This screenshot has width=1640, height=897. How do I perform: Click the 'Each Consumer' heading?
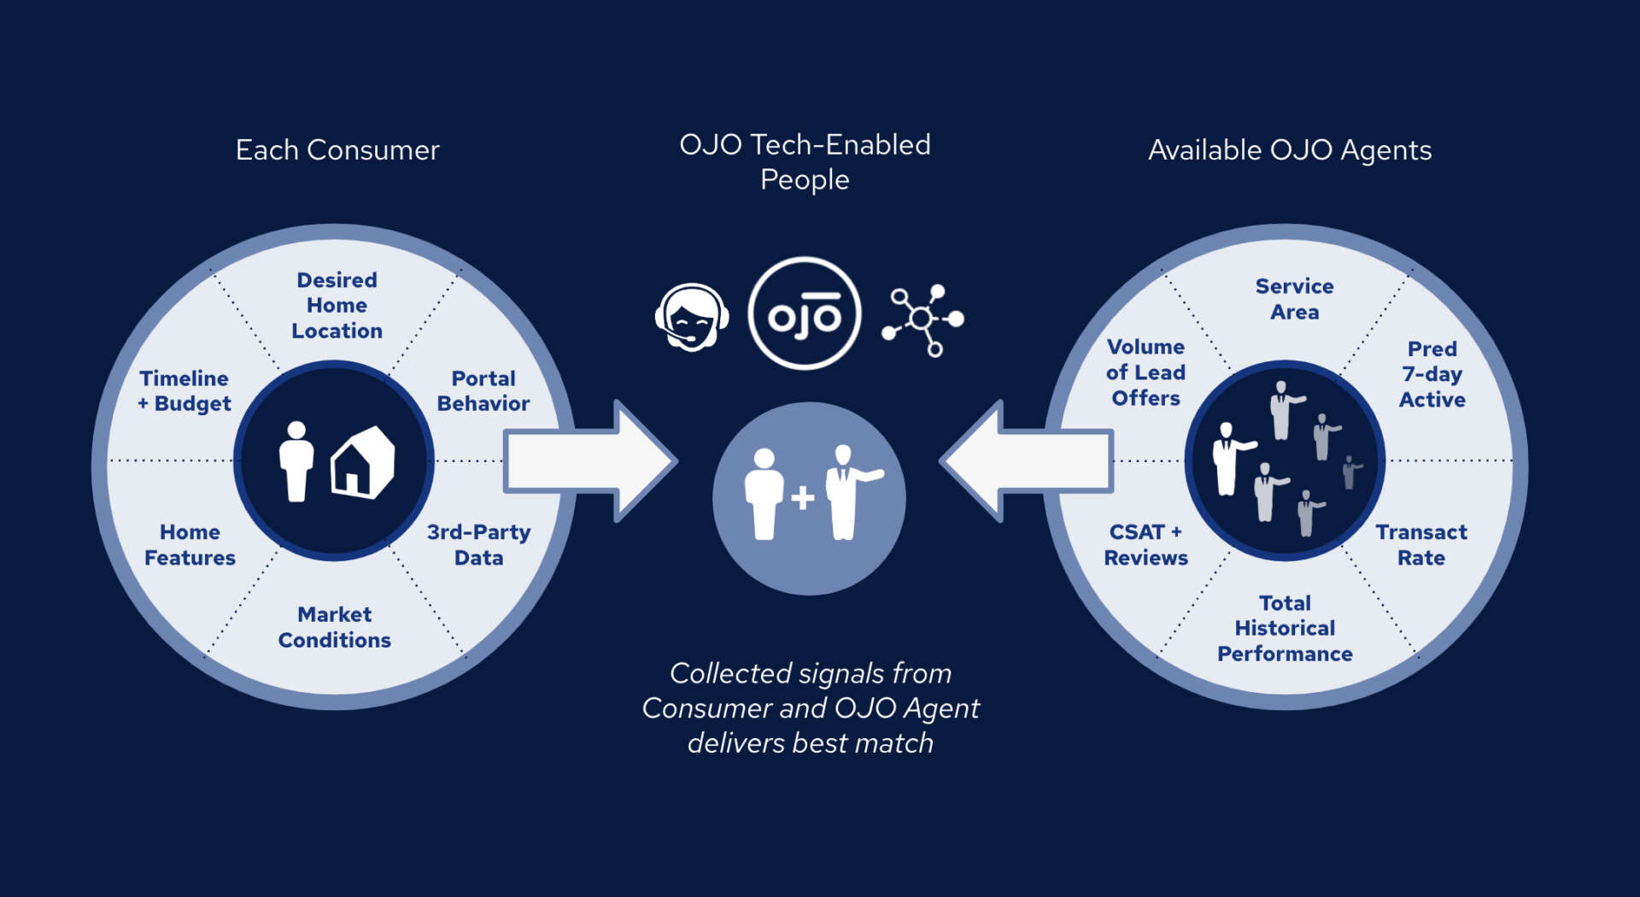tap(337, 150)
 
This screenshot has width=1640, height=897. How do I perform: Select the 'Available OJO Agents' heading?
tap(1290, 150)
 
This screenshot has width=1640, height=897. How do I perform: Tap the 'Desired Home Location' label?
tap(337, 306)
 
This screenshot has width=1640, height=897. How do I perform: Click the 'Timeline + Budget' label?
tap(184, 391)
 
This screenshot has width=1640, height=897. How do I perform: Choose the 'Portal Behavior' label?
tap(483, 391)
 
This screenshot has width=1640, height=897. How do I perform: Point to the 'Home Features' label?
tap(190, 545)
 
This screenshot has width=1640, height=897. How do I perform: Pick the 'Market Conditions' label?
tap(335, 627)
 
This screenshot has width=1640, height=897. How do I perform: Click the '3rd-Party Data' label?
tap(478, 545)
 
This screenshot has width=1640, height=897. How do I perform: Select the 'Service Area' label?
tap(1294, 299)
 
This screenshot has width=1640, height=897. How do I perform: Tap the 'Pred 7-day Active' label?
tap(1432, 374)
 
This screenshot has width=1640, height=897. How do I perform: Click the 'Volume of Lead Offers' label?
tap(1145, 372)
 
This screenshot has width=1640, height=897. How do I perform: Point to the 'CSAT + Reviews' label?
tap(1145, 545)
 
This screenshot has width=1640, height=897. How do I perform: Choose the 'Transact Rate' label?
tap(1421, 545)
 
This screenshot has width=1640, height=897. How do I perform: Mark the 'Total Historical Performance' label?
tap(1285, 629)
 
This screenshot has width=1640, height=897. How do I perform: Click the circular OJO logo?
tap(804, 314)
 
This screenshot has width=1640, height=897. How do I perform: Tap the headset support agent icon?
tap(691, 317)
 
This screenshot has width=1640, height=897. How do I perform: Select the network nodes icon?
tap(923, 320)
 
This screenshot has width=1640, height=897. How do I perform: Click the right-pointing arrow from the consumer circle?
tap(590, 461)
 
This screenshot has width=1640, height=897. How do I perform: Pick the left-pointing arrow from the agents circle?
tap(1026, 461)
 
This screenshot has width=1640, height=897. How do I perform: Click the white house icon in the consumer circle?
tap(363, 463)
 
